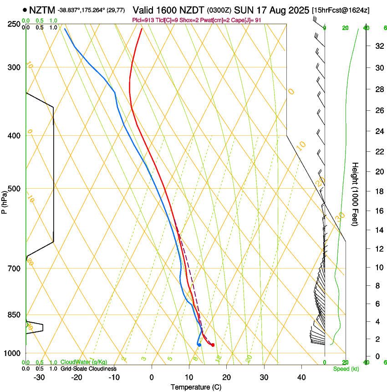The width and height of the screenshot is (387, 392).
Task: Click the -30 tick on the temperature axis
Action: (39, 377)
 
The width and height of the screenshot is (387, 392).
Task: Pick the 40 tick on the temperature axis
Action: (301, 377)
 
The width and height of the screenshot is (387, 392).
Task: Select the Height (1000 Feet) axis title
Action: (356, 194)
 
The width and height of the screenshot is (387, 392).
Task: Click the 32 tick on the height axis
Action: (377, 46)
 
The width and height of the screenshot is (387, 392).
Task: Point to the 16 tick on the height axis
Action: (377, 211)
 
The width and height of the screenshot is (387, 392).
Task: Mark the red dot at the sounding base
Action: (213, 345)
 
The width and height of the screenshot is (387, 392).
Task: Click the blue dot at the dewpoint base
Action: (199, 345)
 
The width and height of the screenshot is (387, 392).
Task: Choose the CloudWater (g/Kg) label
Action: (84, 362)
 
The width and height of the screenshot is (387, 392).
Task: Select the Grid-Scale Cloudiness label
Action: (88, 368)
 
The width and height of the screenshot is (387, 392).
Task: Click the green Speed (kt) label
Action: (346, 369)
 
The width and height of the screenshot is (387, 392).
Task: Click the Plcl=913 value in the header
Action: (142, 20)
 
